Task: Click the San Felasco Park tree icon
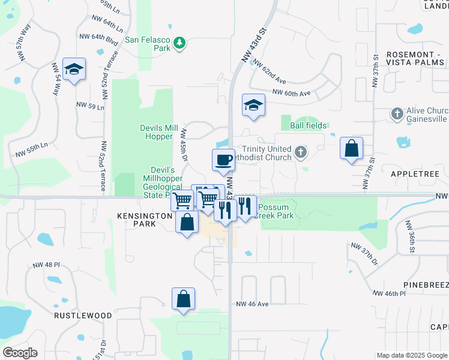pos(179,43)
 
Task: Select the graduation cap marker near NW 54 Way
pos(74,70)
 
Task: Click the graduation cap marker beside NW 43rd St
pos(253,106)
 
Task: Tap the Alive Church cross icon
pos(396,113)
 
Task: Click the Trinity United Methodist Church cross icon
pos(300,153)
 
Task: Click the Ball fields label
pos(309,125)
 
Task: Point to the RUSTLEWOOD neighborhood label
pos(83,315)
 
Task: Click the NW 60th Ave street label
pos(291,93)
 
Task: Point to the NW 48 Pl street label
pos(44,264)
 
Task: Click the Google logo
pos(19,353)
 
